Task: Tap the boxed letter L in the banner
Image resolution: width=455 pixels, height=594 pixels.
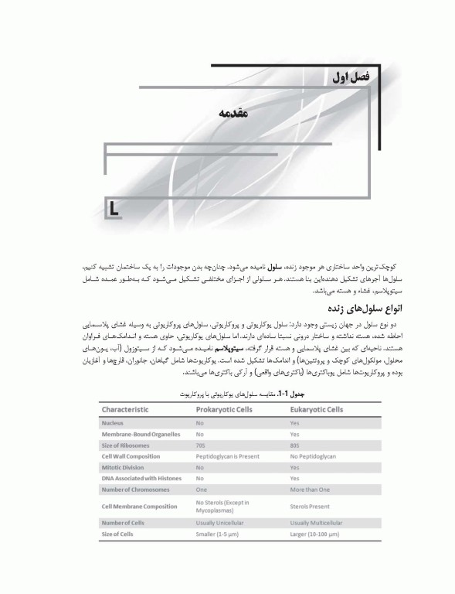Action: [114, 208]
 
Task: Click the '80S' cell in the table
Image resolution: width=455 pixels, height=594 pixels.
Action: [295, 445]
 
